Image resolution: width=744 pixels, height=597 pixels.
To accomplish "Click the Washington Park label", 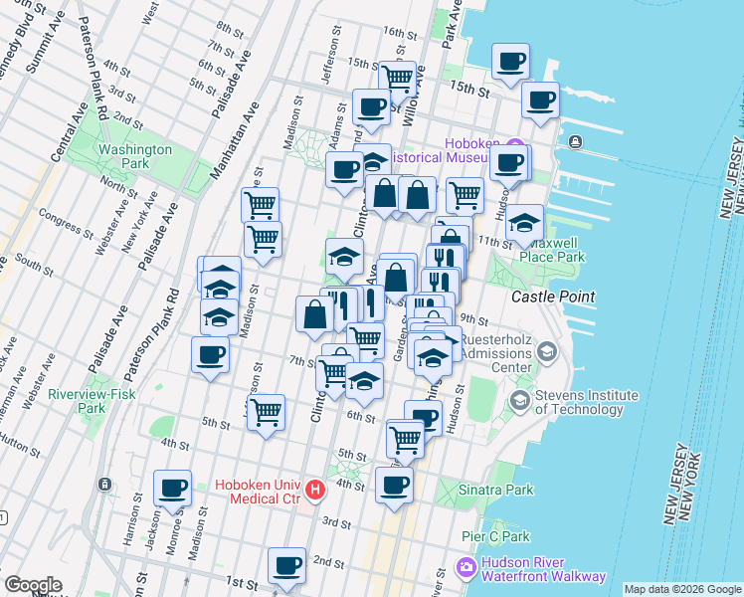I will click(x=135, y=156).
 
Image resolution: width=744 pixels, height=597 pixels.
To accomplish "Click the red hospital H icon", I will click(x=316, y=490).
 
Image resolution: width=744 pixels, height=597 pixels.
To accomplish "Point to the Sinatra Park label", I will click(x=496, y=490).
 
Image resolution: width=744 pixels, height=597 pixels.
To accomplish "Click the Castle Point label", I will click(x=553, y=297).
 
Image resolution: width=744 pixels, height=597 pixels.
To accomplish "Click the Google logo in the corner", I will click(x=33, y=585).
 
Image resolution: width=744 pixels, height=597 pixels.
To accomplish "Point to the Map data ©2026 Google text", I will click(x=681, y=589).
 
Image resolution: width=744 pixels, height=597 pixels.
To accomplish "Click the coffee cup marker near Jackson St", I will click(x=172, y=489).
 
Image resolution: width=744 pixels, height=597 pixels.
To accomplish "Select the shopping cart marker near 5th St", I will click(x=266, y=413).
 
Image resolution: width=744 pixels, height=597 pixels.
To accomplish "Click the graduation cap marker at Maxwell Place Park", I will click(x=524, y=224).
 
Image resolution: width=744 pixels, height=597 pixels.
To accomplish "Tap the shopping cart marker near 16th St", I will click(x=398, y=78).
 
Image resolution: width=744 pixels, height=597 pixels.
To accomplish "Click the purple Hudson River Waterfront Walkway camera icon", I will click(x=465, y=569).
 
